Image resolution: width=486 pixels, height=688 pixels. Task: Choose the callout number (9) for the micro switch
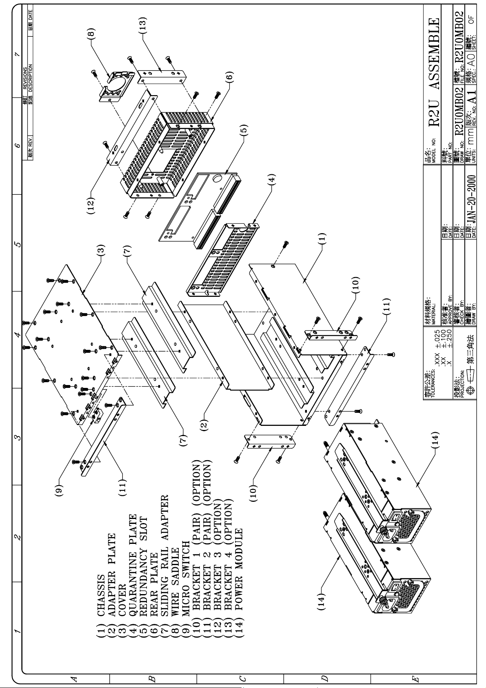pyautogui.click(x=60, y=489)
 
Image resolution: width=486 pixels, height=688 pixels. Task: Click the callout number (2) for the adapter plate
pyautogui.click(x=204, y=424)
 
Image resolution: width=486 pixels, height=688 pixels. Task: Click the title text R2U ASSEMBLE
pyautogui.click(x=434, y=71)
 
